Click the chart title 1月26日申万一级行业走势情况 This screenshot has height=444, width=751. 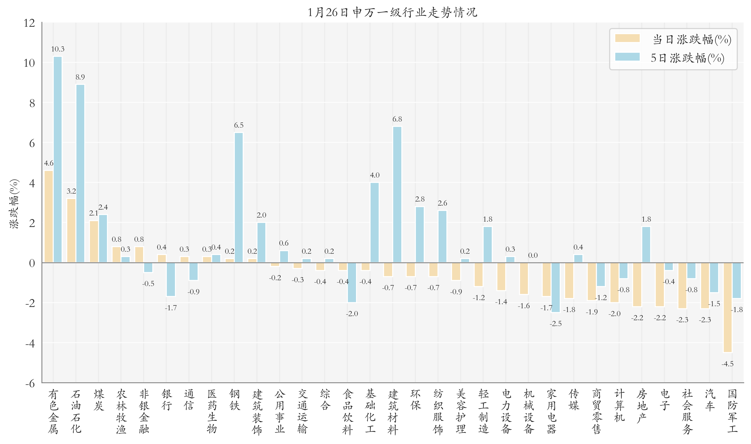pyautogui.click(x=392, y=12)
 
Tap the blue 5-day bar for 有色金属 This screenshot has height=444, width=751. pyautogui.click(x=58, y=159)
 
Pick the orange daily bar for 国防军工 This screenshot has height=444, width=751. pyautogui.click(x=727, y=307)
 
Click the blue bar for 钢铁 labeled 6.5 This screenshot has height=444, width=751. pyautogui.click(x=239, y=197)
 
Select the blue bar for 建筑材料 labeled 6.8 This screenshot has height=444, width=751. pyautogui.click(x=397, y=194)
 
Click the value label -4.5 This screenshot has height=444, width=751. pyautogui.click(x=727, y=364)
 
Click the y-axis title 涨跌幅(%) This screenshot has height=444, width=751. pyautogui.click(x=14, y=204)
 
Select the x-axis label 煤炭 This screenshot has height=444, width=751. pyautogui.click(x=99, y=400)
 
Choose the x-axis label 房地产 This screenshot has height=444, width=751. pyautogui.click(x=642, y=406)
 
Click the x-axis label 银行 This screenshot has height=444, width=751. pyautogui.click(x=167, y=400)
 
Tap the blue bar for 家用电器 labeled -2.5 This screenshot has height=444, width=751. pyautogui.click(x=555, y=287)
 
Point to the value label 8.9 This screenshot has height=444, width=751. pyautogui.click(x=80, y=77)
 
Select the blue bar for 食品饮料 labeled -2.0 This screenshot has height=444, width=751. pyautogui.click(x=352, y=282)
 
